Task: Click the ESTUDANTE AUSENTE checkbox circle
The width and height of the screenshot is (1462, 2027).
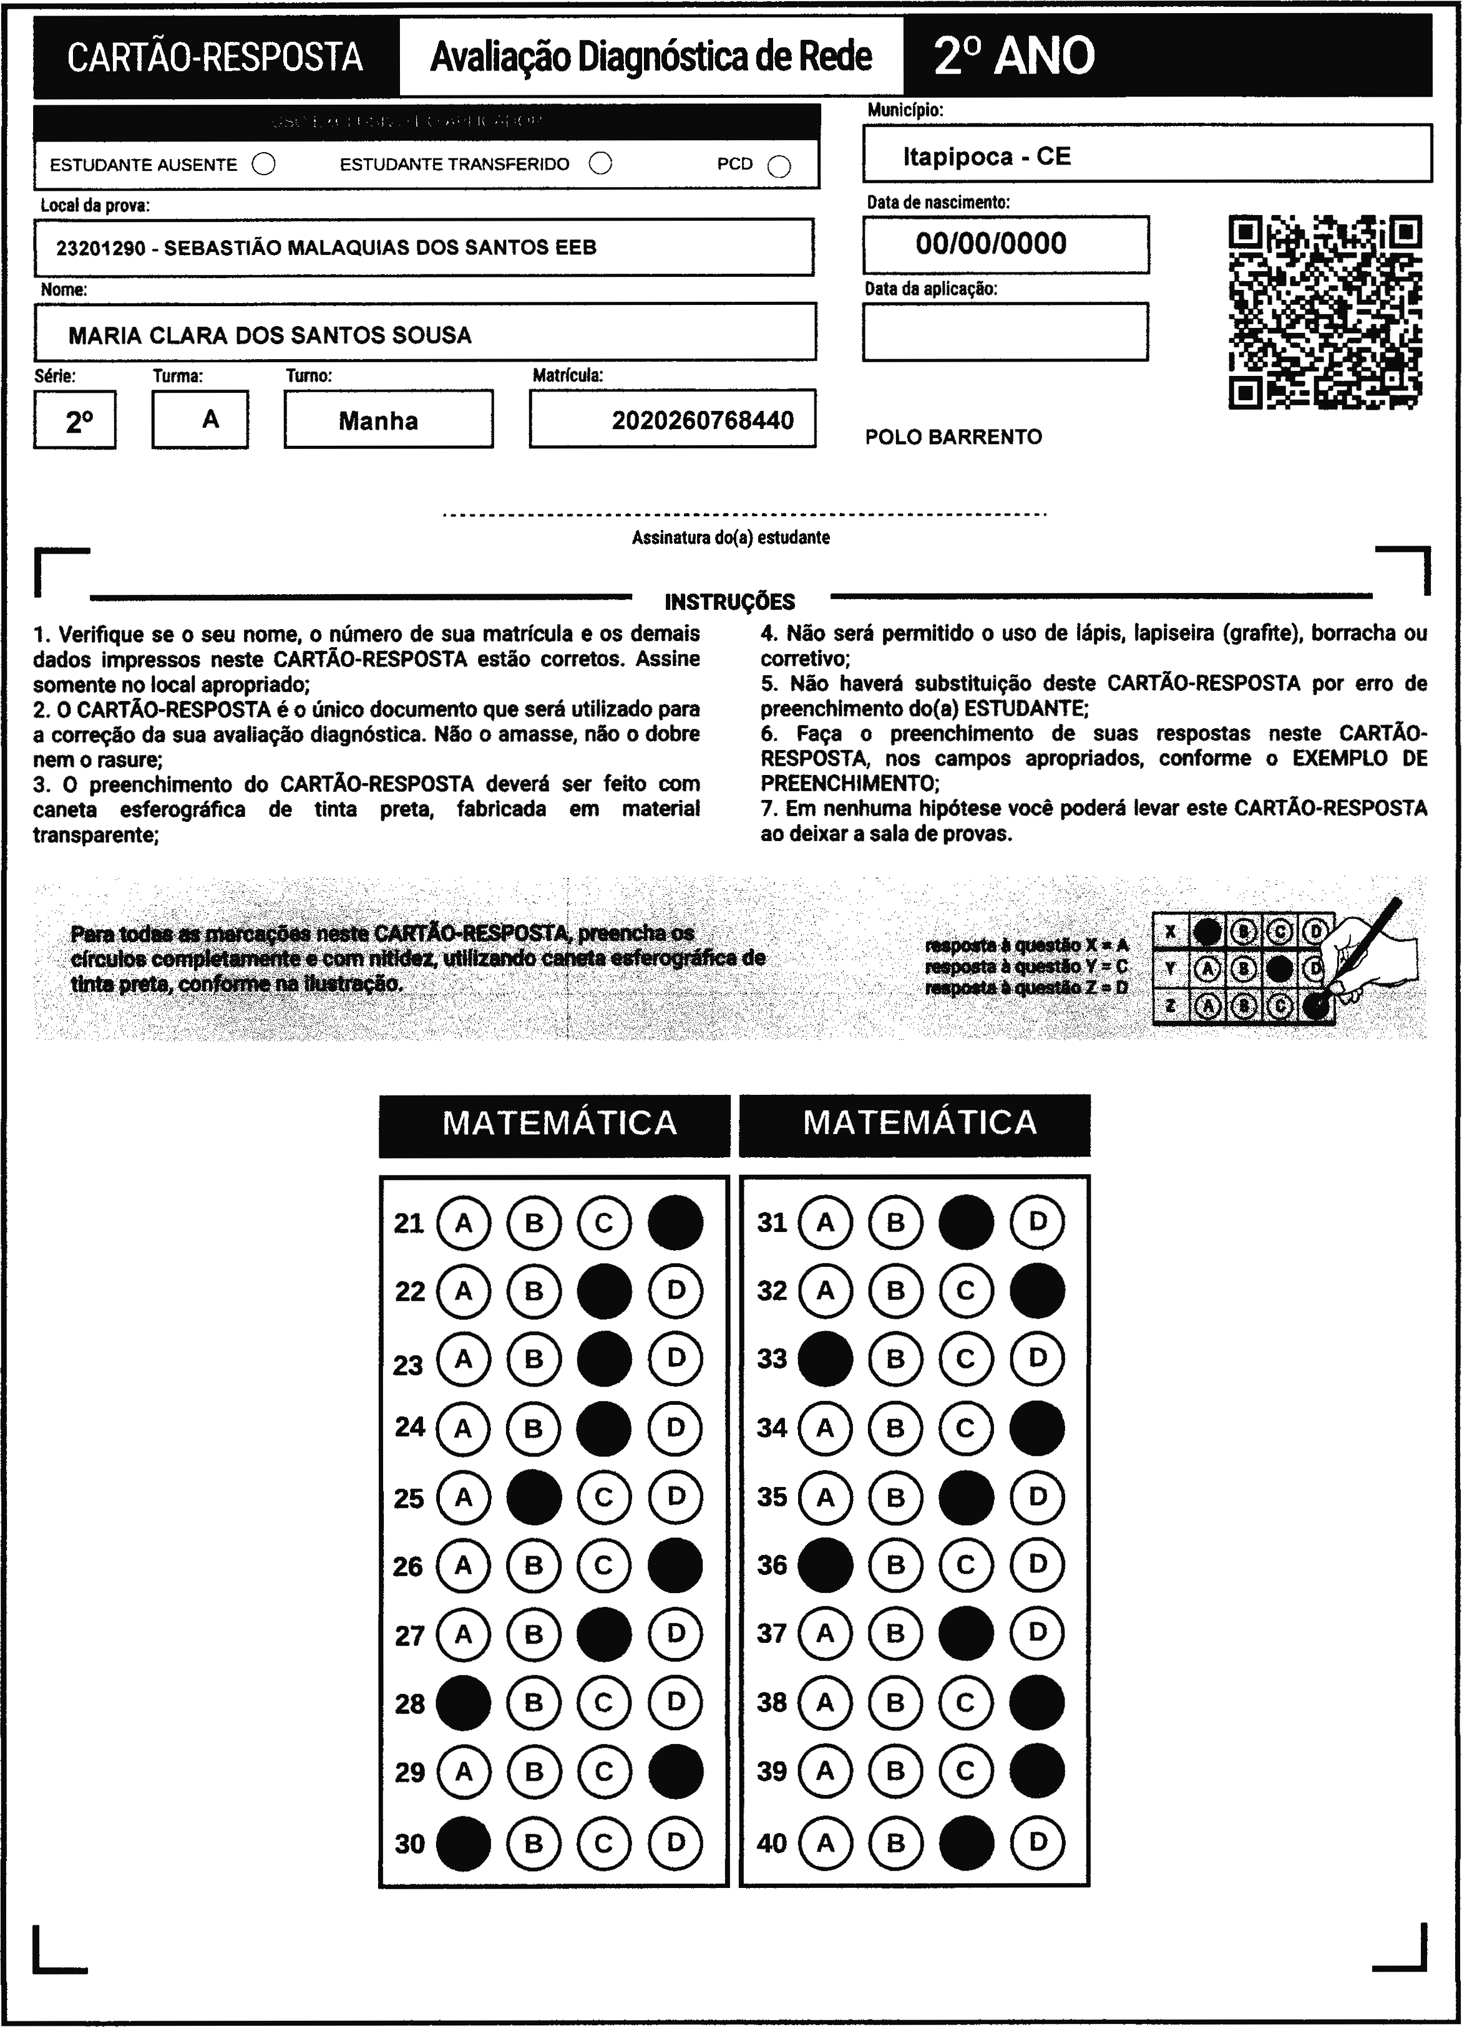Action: click(264, 165)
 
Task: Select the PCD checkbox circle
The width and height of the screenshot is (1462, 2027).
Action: click(779, 167)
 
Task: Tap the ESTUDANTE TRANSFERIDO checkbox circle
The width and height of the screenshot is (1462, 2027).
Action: click(601, 163)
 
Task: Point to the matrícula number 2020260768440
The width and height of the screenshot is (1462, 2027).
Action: click(702, 420)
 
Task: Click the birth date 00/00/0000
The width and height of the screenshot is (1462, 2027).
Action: click(991, 244)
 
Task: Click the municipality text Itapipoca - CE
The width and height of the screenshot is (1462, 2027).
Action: click(987, 156)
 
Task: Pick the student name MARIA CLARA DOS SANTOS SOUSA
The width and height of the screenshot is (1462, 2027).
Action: click(270, 335)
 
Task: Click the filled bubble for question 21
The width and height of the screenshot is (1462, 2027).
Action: click(675, 1221)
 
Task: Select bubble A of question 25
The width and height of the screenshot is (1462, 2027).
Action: click(463, 1497)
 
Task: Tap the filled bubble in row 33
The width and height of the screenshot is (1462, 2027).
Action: click(824, 1359)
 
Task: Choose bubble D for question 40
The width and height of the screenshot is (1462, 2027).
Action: click(1036, 1842)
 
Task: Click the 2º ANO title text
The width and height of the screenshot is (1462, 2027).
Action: click(1014, 56)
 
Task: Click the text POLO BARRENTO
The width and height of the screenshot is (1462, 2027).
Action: click(953, 437)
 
